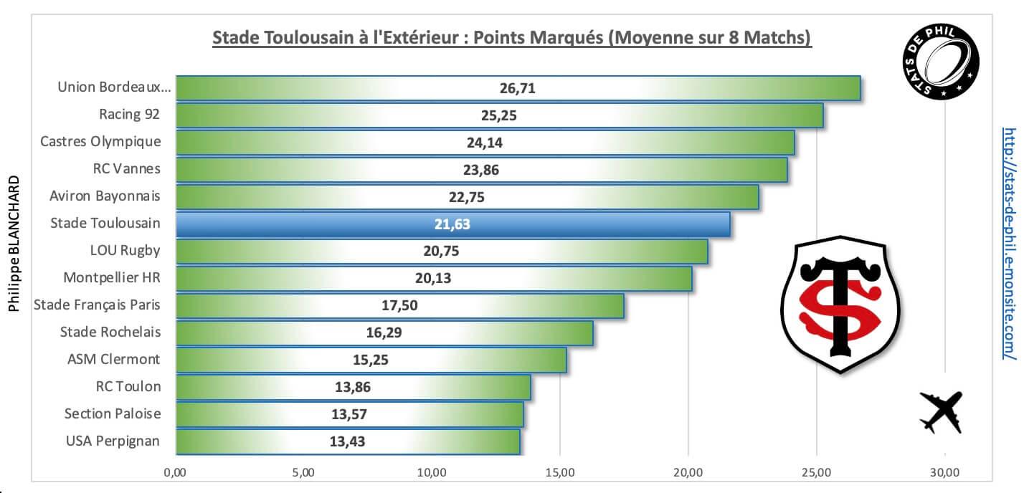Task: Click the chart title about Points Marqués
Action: pyautogui.click(x=511, y=37)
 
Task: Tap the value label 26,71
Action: pyautogui.click(x=517, y=88)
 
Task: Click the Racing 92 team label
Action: pyautogui.click(x=130, y=114)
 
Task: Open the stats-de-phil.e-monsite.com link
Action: pyautogui.click(x=1009, y=244)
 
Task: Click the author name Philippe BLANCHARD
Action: pyautogui.click(x=14, y=250)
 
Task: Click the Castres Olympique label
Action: pyautogui.click(x=100, y=141)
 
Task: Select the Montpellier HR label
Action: pyautogui.click(x=112, y=277)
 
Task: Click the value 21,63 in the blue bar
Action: pyautogui.click(x=452, y=224)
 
